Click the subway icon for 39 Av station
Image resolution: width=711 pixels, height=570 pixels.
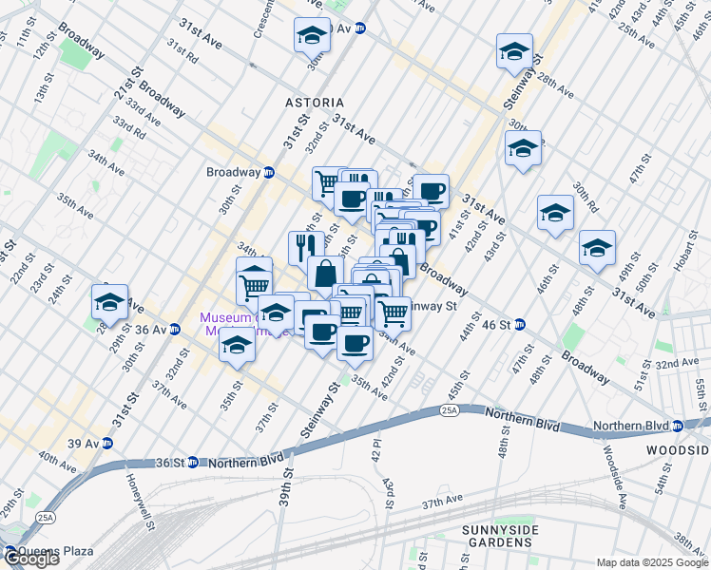[107, 444]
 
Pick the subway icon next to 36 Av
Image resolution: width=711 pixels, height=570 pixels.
[175, 330]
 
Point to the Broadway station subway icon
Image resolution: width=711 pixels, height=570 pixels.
[269, 173]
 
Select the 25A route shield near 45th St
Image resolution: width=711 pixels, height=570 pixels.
[450, 410]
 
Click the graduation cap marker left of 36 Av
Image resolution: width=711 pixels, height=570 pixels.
[110, 302]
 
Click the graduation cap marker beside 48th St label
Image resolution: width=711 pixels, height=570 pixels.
[597, 250]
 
